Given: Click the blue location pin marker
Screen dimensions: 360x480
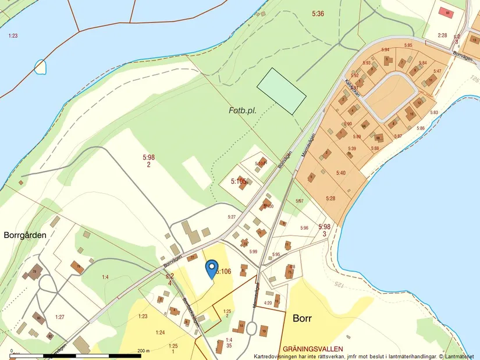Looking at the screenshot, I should click(x=211, y=269).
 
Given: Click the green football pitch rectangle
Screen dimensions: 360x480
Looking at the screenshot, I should click(x=282, y=90).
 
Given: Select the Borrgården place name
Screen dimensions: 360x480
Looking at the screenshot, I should click(x=25, y=236).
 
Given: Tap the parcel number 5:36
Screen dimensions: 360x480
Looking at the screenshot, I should click(x=318, y=13).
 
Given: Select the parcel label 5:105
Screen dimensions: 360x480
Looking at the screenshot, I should click(x=241, y=181).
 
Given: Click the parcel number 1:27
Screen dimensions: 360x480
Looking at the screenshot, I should click(x=59, y=316).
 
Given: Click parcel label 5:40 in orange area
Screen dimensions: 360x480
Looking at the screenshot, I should click(x=340, y=173).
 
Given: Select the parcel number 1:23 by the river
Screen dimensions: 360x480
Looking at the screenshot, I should click(x=13, y=36).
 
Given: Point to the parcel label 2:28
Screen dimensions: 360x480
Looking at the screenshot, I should click(x=443, y=35).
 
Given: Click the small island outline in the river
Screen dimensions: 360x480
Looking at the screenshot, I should click(x=40, y=67).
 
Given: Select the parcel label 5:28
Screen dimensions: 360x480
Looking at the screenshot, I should click(x=330, y=198).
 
